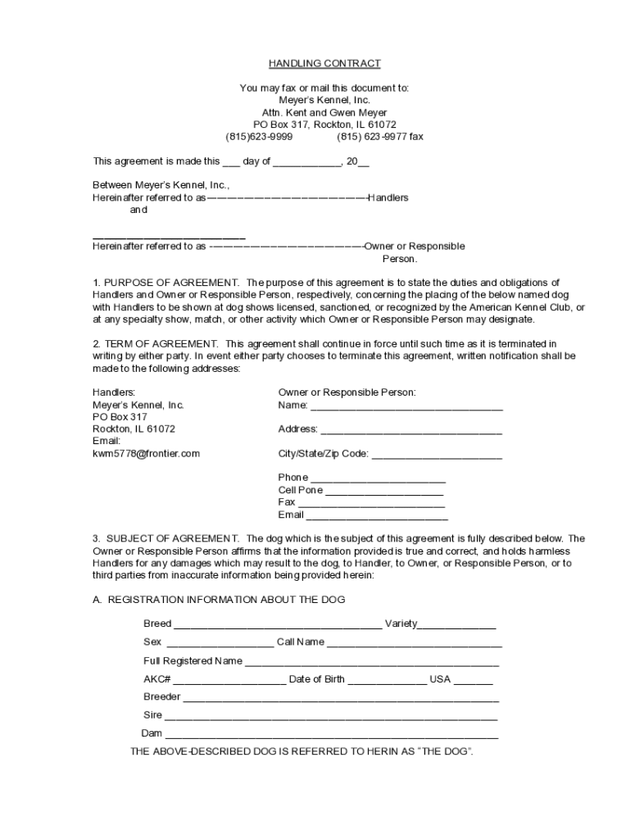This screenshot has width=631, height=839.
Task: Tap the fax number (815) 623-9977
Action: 380,137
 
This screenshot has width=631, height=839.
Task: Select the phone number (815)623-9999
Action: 259,137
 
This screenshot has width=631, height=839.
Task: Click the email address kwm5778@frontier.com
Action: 146,453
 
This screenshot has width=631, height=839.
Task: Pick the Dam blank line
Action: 331,734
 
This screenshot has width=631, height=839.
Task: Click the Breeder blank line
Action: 340,698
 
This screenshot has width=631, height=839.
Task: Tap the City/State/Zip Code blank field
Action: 437,455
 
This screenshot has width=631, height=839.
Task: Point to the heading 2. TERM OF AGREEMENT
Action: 156,344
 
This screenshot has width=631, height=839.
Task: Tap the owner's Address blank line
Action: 411,430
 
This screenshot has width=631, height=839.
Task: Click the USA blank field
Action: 473,680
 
